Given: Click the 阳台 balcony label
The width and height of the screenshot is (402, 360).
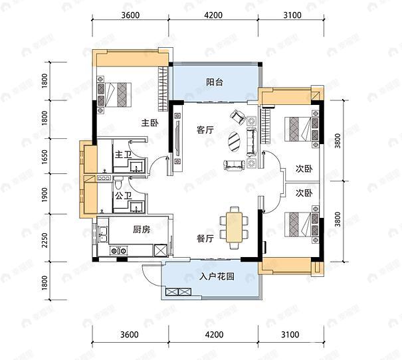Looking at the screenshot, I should coord(214,83).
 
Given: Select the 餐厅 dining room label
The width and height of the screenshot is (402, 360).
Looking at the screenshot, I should coord(205,238).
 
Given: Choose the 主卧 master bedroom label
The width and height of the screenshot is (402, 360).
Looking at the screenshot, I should coord(148,123).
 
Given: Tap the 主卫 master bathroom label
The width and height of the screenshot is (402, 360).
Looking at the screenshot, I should coord(123,155).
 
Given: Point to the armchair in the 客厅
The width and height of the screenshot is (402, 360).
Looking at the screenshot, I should coord(237,118).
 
